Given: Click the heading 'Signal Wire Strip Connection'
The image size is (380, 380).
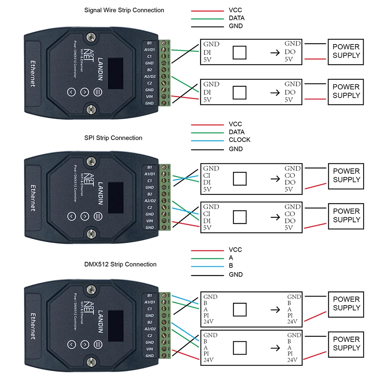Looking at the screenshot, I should tap(124, 10).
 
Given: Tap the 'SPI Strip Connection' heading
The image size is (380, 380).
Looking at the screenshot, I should tap(113, 138).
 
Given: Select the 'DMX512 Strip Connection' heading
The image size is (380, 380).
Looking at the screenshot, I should tap(120, 264).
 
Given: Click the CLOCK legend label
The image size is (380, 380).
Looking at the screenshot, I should tap(239, 140).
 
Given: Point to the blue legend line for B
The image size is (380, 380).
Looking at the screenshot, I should tap(207, 266).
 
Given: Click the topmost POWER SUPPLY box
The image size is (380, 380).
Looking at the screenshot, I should tap(346, 51).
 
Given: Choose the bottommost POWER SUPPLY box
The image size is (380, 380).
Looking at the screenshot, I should tap(346, 344).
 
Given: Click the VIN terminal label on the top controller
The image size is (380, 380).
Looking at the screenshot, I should tap(149, 97).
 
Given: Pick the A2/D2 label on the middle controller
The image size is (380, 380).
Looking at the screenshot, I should tap(150, 201).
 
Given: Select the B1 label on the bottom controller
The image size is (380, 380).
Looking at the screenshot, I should tap(150, 295).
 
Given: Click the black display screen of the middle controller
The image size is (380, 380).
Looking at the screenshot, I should tap(116, 193).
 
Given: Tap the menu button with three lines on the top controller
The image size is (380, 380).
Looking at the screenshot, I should tap(98, 92).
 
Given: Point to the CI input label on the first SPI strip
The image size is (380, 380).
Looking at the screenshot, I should tap(207, 176).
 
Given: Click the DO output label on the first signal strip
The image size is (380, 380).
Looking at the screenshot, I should tap(290, 52).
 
